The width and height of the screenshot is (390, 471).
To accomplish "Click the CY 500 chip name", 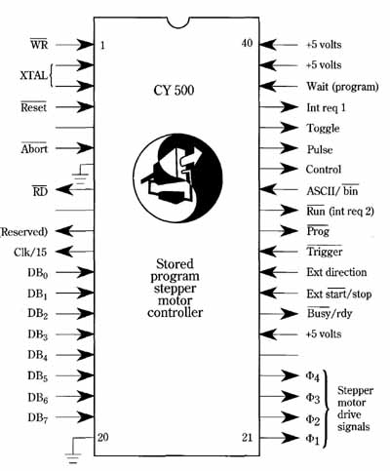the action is (174, 90).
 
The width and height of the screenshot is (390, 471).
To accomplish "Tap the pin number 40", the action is (247, 43).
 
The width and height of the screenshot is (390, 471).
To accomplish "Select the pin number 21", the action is (247, 438).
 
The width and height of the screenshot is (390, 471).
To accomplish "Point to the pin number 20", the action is (103, 437).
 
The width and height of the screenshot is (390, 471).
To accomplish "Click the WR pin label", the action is (39, 44).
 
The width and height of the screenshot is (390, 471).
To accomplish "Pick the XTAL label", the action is (33, 76).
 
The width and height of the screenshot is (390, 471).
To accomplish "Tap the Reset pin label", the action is (34, 106).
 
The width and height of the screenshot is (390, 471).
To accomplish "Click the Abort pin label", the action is (34, 148).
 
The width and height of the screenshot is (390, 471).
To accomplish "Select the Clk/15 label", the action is (30, 252).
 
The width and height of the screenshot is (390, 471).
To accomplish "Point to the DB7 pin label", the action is (38, 417).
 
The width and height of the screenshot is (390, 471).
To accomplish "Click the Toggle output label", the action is (323, 129).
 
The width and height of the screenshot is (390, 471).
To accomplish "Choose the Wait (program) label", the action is (342, 87).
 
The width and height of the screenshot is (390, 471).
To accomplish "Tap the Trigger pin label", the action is (325, 252).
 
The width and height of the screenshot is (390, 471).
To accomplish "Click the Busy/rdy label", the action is (330, 313).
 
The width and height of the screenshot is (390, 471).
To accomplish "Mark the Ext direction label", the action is (336, 272).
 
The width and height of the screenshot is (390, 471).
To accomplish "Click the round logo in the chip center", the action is (177, 178).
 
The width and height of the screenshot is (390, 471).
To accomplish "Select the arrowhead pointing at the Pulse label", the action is (289, 148).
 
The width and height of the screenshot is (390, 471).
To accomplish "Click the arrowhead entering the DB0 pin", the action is (85, 272).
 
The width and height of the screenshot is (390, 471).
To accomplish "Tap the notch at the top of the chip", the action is (178, 22).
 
